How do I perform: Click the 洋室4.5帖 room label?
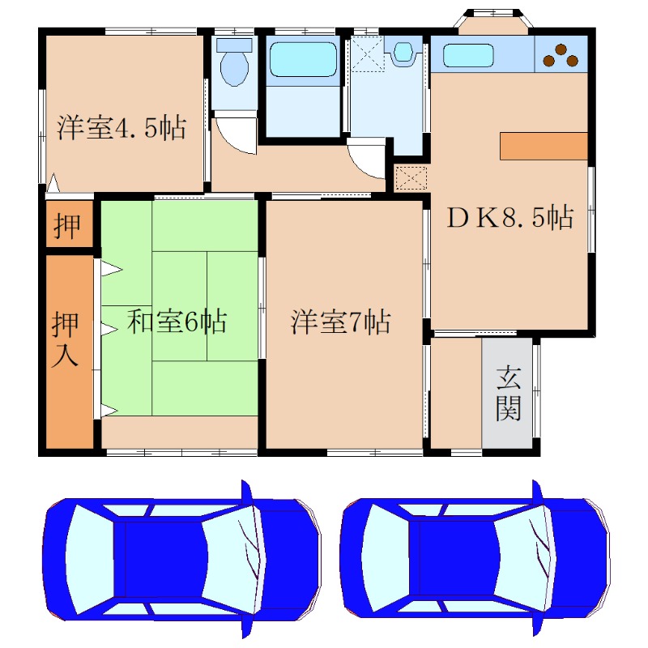coord(122,128)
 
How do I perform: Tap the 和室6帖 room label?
coord(177,322)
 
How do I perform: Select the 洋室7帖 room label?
coord(341,322)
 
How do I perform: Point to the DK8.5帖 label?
coord(512,217)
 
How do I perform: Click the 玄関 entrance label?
coord(508,393)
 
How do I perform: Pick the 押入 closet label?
coord(66,340)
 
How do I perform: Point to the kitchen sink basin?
coord(467,56)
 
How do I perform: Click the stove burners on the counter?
coord(561,55)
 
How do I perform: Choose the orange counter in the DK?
coord(543,145)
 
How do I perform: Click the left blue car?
coord(182,559)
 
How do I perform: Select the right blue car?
coord(475,559)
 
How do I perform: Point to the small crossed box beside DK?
coord(411,177)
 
